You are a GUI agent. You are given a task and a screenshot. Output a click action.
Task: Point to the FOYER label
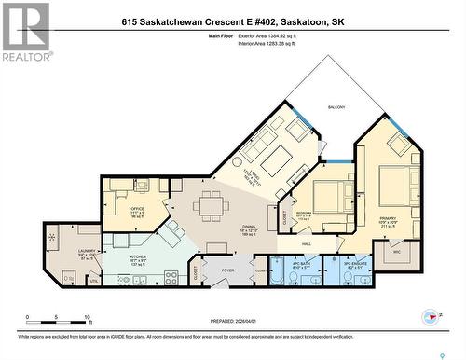226,271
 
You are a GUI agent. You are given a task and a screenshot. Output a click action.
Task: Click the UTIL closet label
94,280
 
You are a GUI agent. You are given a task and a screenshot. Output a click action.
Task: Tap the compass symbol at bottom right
430,317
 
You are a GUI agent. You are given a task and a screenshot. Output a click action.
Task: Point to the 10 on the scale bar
87,318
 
